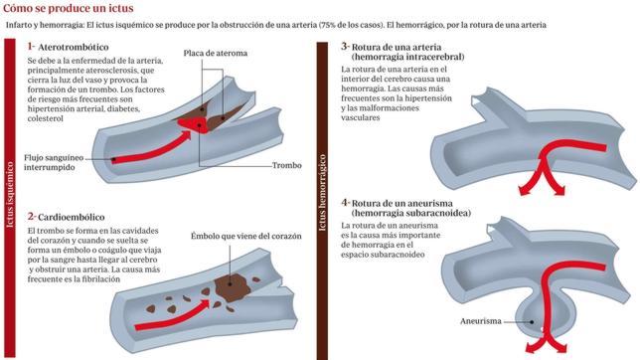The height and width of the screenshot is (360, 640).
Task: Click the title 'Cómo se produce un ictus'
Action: (69, 8)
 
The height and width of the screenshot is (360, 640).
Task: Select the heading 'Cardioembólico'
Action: (71, 217)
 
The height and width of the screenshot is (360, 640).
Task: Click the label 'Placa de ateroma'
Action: (215, 53)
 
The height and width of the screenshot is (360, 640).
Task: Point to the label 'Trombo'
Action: (286, 165)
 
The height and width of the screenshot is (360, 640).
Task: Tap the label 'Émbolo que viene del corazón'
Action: (246, 236)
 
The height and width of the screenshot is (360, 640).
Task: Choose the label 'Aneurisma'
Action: (480, 321)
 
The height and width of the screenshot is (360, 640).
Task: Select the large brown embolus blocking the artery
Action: (232, 287)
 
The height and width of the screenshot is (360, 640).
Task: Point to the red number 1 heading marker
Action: (31, 46)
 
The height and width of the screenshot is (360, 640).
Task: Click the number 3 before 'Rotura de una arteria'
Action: (345, 47)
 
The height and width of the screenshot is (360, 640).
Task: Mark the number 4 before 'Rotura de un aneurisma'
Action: (345, 202)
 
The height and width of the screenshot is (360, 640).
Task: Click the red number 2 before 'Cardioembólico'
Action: (32, 216)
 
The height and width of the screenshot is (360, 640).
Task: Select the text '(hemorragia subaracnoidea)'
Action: (411, 213)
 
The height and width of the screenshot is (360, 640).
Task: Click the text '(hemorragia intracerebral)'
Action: (407, 57)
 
